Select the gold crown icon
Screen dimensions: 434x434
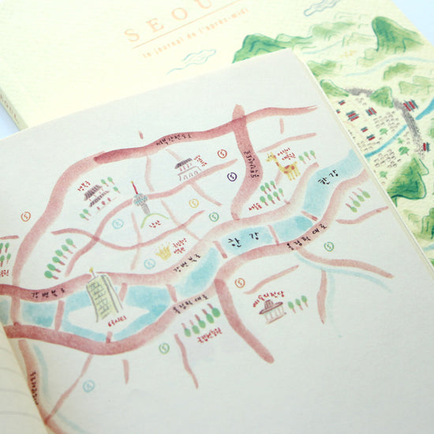pyautogui.click(x=164, y=252)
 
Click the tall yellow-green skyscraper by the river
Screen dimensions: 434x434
pyautogui.click(x=103, y=297)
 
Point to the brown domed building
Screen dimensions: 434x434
pyautogui.click(x=272, y=309)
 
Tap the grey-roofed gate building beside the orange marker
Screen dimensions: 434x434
pyautogui.click(x=185, y=165)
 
